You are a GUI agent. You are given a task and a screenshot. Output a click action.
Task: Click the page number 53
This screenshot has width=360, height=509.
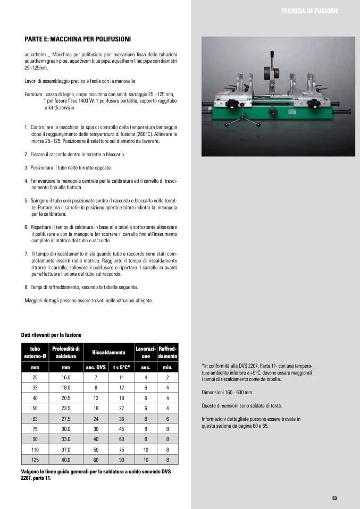pos(335,498)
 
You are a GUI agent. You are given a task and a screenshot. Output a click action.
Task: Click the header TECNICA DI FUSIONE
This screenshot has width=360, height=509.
pos(309,11)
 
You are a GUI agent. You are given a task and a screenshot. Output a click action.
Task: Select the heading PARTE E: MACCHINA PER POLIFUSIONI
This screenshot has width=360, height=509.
pos(78,39)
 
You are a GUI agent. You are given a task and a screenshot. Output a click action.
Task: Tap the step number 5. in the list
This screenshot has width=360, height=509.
pos(27,200)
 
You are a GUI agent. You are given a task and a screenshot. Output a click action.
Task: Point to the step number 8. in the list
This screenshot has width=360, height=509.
pos(27,287)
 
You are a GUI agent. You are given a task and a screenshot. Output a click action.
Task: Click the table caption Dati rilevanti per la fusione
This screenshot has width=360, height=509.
pos(51,335)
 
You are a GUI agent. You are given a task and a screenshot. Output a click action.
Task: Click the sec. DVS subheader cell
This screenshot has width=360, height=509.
pos(96,367)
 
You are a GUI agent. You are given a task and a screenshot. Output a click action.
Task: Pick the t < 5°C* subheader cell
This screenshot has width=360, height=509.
pos(122,367)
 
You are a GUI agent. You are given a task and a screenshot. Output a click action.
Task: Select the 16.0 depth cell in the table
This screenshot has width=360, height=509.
pos(66,377)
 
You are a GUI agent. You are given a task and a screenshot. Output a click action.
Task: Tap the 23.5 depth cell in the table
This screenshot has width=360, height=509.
pos(66,408)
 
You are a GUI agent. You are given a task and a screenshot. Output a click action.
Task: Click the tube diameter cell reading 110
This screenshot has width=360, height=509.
pos(35,449)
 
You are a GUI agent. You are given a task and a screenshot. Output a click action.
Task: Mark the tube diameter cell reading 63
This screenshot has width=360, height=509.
pos(35,419)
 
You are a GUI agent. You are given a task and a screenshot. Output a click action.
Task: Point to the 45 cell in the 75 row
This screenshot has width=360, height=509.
pos(122,429)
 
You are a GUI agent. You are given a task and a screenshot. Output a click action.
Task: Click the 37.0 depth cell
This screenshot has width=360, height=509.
pos(66,449)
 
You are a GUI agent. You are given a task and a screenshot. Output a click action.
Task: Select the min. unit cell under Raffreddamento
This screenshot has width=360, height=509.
pos(168,367)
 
